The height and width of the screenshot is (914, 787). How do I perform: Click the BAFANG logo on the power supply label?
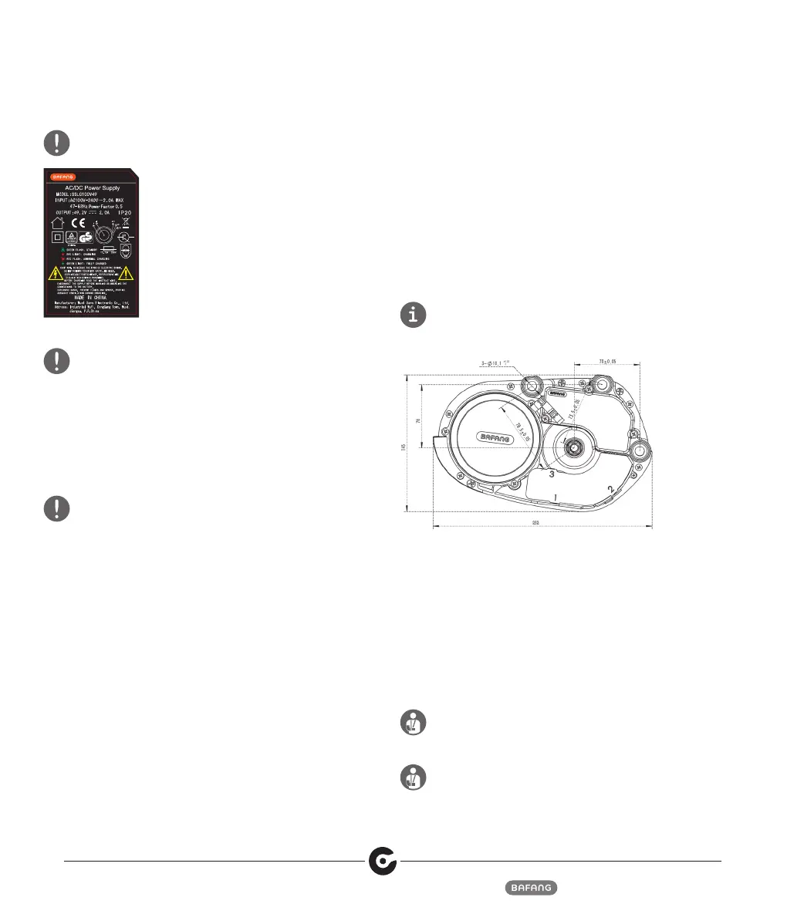pos(59,177)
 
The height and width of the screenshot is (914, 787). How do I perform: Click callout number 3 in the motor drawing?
pos(552,474)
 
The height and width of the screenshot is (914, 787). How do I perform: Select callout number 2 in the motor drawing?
pos(611,489)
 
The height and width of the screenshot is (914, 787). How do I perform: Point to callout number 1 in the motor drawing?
pos(556,497)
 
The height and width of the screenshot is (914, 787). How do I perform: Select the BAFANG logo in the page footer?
pos(532,888)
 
